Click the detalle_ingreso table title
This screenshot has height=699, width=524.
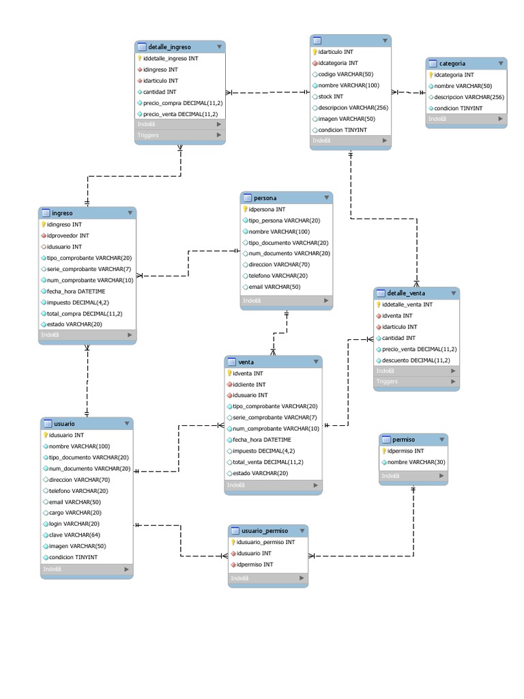click(x=169, y=47)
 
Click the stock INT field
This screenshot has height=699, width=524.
click(x=330, y=96)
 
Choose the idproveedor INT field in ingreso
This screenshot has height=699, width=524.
click(x=68, y=236)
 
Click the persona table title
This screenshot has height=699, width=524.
click(x=265, y=198)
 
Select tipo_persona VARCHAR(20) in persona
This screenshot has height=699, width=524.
click(x=285, y=220)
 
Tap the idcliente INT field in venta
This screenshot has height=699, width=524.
click(x=249, y=384)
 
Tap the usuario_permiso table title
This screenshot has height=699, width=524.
click(x=265, y=530)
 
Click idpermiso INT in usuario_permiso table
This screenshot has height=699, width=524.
click(x=254, y=565)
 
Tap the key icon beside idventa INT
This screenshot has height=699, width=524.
click(x=229, y=373)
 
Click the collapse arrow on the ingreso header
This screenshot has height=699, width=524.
click(x=130, y=213)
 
